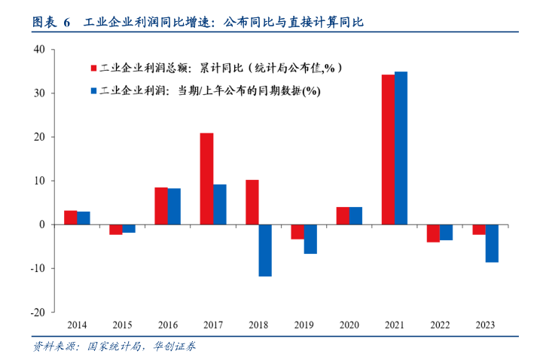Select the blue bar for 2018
[264, 250]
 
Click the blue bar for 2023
[491, 243]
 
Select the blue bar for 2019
[310, 239]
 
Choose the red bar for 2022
[433, 233]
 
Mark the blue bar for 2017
[219, 204]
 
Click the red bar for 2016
[161, 206]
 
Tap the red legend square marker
[94, 68]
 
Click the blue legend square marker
[94, 91]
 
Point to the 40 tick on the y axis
[40, 50]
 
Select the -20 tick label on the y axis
[38, 312]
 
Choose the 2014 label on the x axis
[77, 325]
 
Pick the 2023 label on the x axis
[484, 325]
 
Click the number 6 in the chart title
[66, 23]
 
